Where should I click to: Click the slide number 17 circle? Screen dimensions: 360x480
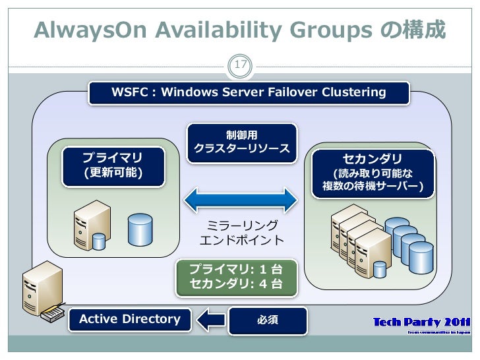(240, 65)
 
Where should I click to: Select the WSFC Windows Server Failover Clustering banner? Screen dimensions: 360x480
(249, 92)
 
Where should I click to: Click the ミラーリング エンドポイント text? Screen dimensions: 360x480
(242, 233)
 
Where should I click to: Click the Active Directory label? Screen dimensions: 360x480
(130, 320)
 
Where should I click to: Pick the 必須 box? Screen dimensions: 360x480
(267, 320)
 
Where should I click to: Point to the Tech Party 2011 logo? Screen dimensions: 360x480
(421, 324)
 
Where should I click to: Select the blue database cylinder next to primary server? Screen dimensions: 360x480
(140, 228)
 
